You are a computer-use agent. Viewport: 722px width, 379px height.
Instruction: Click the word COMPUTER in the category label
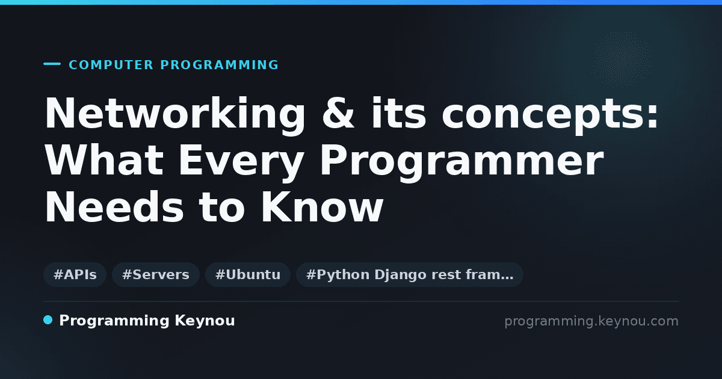pyautogui.click(x=111, y=65)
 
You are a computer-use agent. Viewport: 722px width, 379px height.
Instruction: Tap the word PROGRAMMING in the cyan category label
pyautogui.click(x=219, y=65)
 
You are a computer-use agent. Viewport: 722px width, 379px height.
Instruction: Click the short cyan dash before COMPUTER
pyautogui.click(x=52, y=64)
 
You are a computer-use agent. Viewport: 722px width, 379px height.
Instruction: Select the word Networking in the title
pyautogui.click(x=174, y=114)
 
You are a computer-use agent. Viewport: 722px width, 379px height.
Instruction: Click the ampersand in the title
pyautogui.click(x=338, y=113)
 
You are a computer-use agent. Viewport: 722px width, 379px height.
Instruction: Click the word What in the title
pyautogui.click(x=104, y=160)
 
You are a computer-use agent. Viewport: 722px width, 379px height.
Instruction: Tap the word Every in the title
pyautogui.click(x=241, y=162)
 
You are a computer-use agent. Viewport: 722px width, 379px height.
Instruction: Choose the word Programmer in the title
pyautogui.click(x=461, y=162)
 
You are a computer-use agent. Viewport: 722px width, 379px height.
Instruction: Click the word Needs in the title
pyautogui.click(x=114, y=206)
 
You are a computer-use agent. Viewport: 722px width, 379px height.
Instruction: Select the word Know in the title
pyautogui.click(x=322, y=206)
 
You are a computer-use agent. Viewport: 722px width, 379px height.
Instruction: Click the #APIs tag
pyautogui.click(x=75, y=274)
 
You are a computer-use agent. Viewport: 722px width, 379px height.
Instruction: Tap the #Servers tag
pyautogui.click(x=156, y=274)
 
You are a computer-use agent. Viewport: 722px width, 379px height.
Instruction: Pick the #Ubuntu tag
pyautogui.click(x=248, y=274)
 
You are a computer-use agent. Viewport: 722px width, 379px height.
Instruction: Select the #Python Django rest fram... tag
pyautogui.click(x=410, y=274)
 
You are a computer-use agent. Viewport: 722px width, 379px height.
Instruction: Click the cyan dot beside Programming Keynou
pyautogui.click(x=48, y=320)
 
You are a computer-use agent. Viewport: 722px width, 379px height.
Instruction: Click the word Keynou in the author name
pyautogui.click(x=205, y=321)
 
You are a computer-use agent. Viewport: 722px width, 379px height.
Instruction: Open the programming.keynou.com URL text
pyautogui.click(x=591, y=321)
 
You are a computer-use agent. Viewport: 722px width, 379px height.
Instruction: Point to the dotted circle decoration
pyautogui.click(x=623, y=60)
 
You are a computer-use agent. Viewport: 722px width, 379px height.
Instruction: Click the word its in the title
pyautogui.click(x=399, y=113)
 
